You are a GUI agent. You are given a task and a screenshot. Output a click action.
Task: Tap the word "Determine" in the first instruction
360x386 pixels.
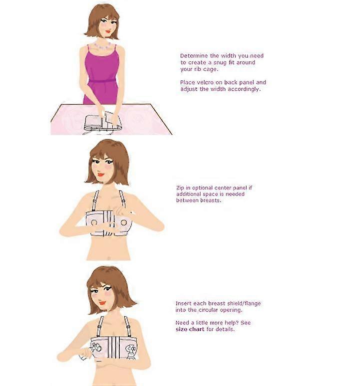pyautogui.click(x=194, y=56)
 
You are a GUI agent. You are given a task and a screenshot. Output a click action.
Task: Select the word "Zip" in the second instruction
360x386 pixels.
pyautogui.click(x=180, y=188)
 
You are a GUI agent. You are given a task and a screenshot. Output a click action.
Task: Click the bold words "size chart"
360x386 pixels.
pyautogui.click(x=190, y=329)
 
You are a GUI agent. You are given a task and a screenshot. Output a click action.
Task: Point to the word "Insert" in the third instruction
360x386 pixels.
pyautogui.click(x=183, y=303)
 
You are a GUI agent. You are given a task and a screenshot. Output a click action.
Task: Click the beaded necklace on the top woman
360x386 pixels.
pyautogui.click(x=102, y=46)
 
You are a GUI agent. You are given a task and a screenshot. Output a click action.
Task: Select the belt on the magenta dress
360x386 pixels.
pyautogui.click(x=102, y=81)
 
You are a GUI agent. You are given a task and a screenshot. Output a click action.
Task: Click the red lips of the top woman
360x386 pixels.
pyautogui.click(x=108, y=31)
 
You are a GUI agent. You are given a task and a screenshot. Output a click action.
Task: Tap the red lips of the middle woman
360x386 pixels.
pyautogui.click(x=101, y=175)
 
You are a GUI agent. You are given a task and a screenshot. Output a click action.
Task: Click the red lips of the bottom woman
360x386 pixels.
pyautogui.click(x=102, y=303)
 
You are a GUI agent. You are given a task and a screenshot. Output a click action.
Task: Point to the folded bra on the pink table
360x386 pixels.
pyautogui.click(x=103, y=122)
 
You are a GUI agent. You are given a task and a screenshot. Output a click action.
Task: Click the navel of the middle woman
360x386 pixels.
pyautogui.click(x=109, y=258)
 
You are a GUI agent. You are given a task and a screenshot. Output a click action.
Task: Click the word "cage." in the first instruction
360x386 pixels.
pyautogui.click(x=211, y=69)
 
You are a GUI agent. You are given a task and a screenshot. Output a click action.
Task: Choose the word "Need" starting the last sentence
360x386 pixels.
pyautogui.click(x=182, y=323)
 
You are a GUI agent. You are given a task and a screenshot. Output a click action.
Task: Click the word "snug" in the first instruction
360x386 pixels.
pyautogui.click(x=220, y=62)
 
